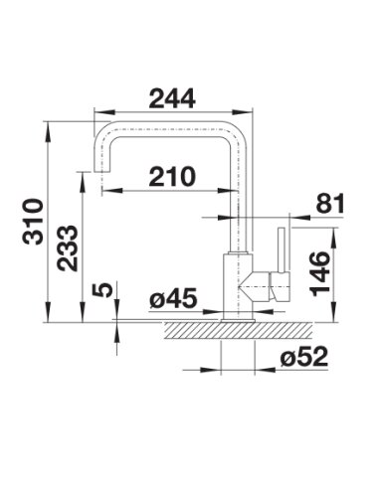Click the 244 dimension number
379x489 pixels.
pos(172,98)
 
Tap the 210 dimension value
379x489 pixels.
pos(172,176)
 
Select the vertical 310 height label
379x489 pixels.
pos(33,222)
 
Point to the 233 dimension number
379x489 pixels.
pos(68,247)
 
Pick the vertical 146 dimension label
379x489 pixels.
pos(320,273)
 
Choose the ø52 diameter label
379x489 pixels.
pos(304,357)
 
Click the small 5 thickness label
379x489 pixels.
pos(101,289)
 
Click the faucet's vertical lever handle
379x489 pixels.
pos(282,250)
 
